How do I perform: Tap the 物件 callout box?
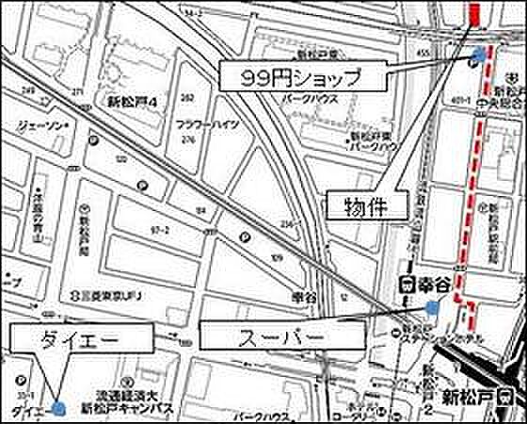coord(366,204)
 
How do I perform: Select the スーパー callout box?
coord(281,334)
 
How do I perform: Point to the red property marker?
coord(474,14)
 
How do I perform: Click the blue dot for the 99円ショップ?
coord(481,56)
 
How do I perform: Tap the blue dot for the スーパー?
coord(432,307)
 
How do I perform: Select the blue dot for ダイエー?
coord(59,408)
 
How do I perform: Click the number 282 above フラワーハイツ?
coord(187,97)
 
